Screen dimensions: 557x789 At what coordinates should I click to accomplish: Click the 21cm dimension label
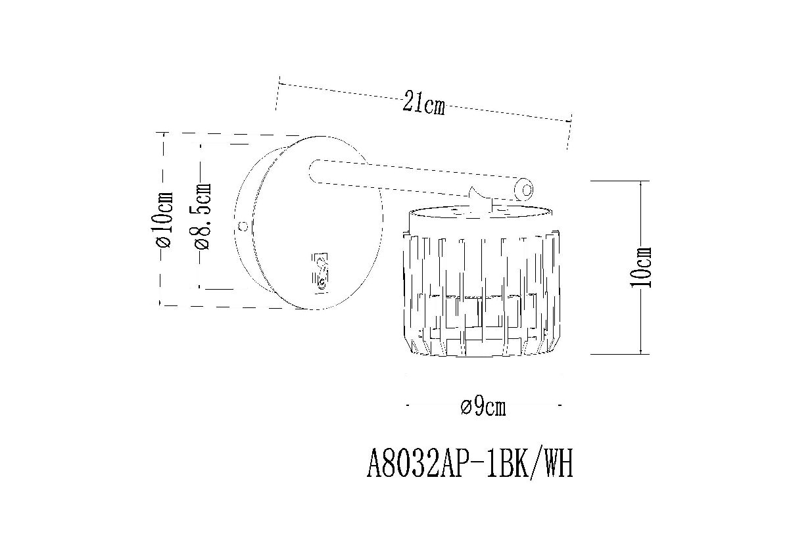click(423, 104)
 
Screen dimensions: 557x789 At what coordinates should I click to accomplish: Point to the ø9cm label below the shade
click(483, 407)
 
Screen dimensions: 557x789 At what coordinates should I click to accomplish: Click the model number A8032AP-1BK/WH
click(469, 465)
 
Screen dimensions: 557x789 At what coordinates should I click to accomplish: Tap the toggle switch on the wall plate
click(320, 271)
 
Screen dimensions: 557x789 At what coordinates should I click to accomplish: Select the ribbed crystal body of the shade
click(480, 289)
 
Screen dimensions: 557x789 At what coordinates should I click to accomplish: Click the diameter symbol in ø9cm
click(465, 408)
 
